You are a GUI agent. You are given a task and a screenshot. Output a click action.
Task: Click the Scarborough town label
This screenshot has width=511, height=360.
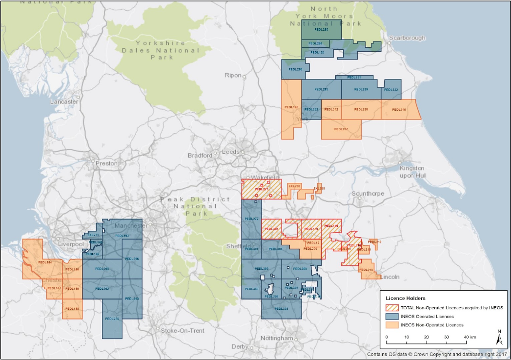[407, 38]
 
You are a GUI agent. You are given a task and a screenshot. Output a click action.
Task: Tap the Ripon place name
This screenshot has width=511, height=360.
[233, 75]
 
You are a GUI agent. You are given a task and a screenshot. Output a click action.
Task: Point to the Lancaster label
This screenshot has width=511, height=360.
[64, 101]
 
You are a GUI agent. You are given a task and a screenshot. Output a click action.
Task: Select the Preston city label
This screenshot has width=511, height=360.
[106, 163]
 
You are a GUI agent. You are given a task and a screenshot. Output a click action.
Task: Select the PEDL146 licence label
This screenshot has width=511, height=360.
[291, 107]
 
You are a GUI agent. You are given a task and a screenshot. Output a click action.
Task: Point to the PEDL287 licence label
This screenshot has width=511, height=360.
[341, 129]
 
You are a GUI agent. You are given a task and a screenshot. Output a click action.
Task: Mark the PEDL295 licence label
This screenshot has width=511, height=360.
[112, 319]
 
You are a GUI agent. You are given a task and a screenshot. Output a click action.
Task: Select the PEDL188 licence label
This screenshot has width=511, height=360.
[72, 308]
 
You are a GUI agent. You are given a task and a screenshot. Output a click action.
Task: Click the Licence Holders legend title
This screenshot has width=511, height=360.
[405, 298]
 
